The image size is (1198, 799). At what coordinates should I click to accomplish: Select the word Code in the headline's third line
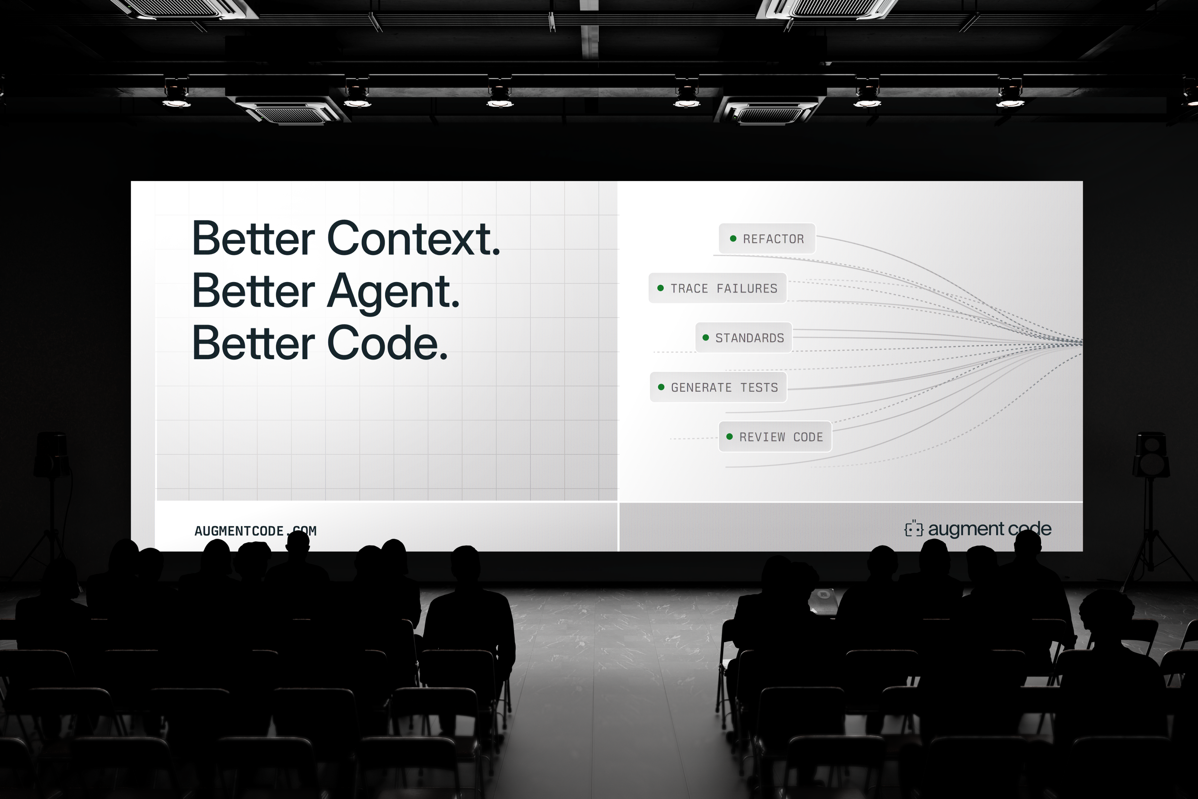[x=387, y=343]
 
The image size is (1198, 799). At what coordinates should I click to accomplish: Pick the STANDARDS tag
[x=744, y=337]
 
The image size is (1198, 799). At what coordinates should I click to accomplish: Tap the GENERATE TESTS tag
[x=718, y=387]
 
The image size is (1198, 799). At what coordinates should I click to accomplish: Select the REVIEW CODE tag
[x=775, y=437]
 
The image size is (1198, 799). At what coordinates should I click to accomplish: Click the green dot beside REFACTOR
[x=733, y=238]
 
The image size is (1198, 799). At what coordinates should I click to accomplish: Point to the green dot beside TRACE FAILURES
[x=661, y=288]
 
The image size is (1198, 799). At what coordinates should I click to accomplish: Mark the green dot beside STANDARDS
[x=705, y=337]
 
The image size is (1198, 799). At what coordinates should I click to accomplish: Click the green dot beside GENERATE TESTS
[x=661, y=387]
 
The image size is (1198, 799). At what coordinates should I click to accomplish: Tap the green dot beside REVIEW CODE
[x=729, y=437]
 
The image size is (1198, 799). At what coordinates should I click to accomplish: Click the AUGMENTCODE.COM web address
[x=255, y=531]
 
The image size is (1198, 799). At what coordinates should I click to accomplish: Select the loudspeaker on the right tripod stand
[x=1151, y=455]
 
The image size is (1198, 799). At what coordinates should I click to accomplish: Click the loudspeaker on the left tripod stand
[x=52, y=455]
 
